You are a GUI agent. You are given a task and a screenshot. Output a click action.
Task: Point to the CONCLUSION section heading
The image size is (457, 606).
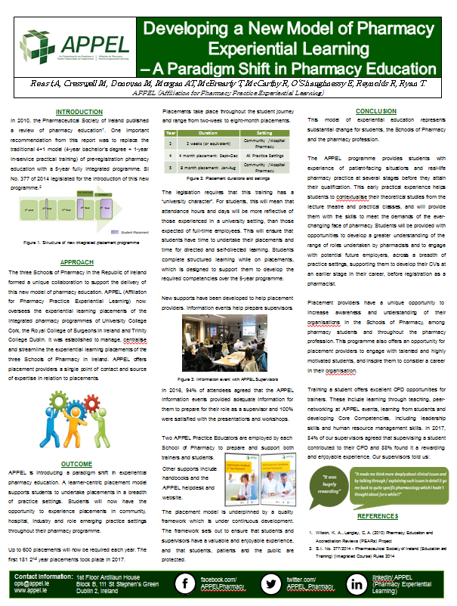pos(375,111)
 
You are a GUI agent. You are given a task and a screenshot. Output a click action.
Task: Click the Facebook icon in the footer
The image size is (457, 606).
pos(182,583)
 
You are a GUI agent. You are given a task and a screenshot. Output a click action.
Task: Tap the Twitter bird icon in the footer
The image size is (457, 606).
pos(269,583)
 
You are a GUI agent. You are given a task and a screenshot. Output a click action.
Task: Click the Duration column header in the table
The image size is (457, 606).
pos(208,132)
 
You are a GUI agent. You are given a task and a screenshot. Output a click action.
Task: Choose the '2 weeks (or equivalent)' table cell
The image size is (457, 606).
pos(208,142)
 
